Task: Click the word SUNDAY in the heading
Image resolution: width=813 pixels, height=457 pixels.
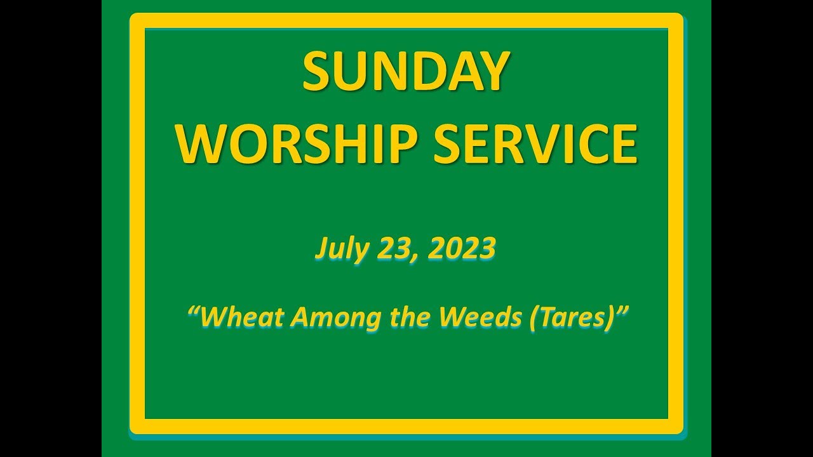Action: tap(406, 71)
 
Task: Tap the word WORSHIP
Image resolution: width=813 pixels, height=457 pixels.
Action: tap(290, 144)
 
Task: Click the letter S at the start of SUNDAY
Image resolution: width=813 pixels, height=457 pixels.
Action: tap(316, 71)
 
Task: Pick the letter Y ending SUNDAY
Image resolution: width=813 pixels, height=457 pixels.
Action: tap(495, 71)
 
